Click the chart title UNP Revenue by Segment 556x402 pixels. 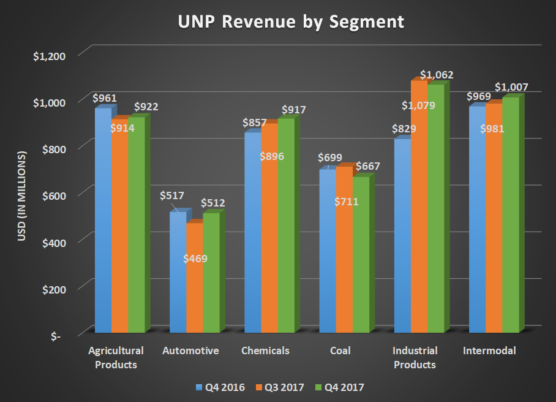pos(291,21)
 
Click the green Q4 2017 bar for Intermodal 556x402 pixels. pos(510,214)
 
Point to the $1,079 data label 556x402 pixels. pos(418,105)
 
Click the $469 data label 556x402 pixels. pos(195,258)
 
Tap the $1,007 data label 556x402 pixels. pos(511,87)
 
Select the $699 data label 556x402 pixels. pos(330,157)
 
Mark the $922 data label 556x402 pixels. pos(146,107)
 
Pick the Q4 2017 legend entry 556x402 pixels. pos(344,387)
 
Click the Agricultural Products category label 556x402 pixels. pos(116,358)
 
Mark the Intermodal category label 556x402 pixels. pos(489,351)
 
